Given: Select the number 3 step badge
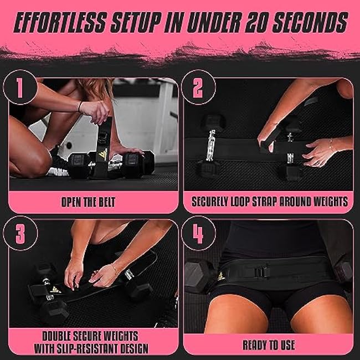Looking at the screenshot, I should (20, 235).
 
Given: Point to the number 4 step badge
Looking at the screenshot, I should (197, 235).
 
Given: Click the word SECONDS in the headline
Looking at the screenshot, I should (314, 23).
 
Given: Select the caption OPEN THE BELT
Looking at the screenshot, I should (93, 201).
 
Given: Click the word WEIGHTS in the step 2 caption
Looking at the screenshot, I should (326, 201).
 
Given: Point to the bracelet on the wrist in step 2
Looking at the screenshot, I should (331, 145).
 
